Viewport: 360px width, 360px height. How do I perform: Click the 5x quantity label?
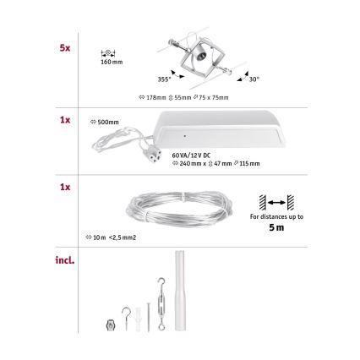click(x=65, y=48)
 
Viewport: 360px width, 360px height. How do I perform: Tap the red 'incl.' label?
click(x=65, y=260)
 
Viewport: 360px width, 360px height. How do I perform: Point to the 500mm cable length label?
click(x=107, y=121)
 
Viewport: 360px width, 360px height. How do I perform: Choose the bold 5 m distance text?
click(x=276, y=226)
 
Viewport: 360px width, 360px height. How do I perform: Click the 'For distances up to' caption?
click(x=276, y=216)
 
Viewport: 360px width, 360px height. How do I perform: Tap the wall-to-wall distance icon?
click(x=276, y=202)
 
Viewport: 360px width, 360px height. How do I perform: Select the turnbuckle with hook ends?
click(x=158, y=299)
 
